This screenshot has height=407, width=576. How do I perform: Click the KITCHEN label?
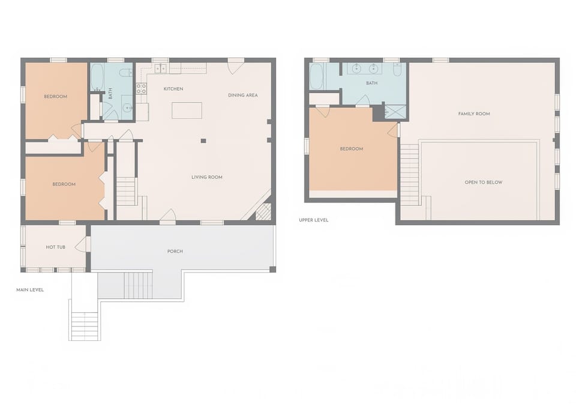(x=173, y=89)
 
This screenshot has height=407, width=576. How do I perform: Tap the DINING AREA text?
(x=242, y=95)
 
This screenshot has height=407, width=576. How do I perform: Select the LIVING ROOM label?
(x=207, y=177)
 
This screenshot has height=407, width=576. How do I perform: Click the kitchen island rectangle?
(x=187, y=110)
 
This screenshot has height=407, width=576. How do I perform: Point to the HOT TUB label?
(x=55, y=247)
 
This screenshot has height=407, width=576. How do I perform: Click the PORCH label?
(x=175, y=251)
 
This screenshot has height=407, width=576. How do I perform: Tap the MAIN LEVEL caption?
(x=30, y=290)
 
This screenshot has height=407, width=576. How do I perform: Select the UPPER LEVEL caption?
(x=314, y=220)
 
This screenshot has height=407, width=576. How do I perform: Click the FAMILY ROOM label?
(x=474, y=113)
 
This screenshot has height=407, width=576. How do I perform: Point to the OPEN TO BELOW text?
(x=484, y=182)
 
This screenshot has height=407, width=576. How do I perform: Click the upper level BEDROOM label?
(x=352, y=149)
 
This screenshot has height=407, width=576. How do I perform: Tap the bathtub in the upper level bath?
(x=316, y=76)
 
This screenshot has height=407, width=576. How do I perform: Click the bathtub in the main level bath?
(x=97, y=77)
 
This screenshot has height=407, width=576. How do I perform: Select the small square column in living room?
(x=203, y=140)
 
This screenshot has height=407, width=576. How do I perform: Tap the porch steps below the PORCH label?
(x=138, y=285)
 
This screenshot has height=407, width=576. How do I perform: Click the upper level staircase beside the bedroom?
(x=409, y=174)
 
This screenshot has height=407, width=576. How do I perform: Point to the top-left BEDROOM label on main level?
(x=56, y=97)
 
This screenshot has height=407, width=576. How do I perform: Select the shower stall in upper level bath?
(x=395, y=112)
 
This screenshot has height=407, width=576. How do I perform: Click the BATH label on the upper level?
(x=372, y=83)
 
